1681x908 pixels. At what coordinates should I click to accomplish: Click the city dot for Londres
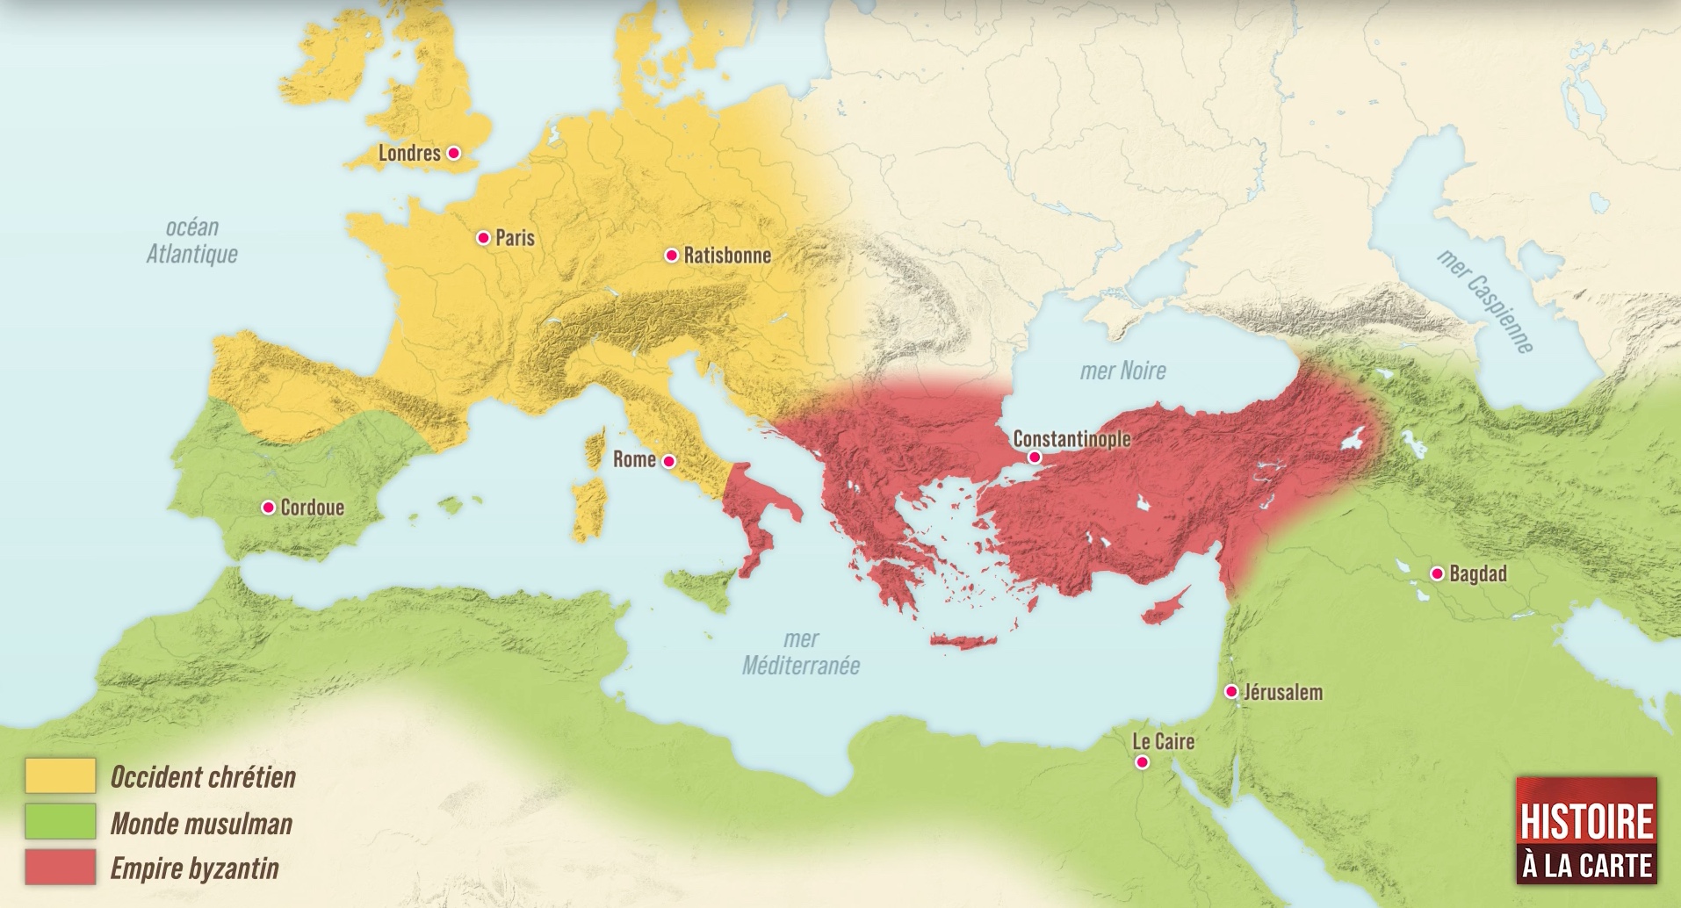coord(453,153)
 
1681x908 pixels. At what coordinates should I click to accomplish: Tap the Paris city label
coord(515,238)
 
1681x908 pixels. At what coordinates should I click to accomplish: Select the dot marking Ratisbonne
coord(671,256)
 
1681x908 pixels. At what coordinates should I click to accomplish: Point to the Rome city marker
coord(668,461)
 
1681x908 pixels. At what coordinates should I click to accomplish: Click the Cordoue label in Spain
coord(312,508)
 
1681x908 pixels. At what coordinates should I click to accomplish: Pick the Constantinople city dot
coord(1035,458)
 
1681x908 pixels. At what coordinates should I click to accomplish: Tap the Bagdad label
coord(1477,574)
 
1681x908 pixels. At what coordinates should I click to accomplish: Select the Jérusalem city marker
coord(1231,692)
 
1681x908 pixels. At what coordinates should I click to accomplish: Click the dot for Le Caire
coord(1142,762)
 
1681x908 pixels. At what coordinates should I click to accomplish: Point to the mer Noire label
coord(1122,371)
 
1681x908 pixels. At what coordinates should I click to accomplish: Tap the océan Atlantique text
coord(191,241)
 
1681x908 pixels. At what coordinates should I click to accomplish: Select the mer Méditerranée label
coord(801,652)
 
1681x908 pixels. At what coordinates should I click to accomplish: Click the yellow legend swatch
coord(60,776)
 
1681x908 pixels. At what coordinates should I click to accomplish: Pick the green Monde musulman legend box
coord(60,823)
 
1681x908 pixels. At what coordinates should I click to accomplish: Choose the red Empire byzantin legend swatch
coord(60,868)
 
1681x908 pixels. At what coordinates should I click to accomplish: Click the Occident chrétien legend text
coord(203,777)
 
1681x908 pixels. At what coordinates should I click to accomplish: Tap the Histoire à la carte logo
coord(1586,829)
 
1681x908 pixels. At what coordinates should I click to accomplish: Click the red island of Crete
coord(963,642)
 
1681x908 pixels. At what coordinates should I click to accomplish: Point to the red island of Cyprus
coord(1165,607)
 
